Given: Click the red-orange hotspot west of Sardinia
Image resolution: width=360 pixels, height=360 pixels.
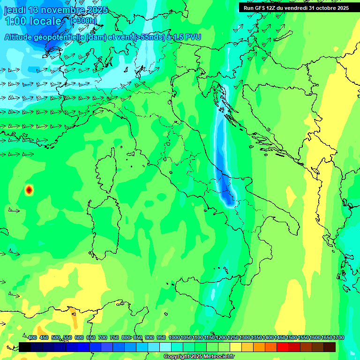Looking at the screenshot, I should tap(29, 189).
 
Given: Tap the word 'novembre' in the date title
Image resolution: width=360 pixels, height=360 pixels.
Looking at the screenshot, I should tap(56, 10).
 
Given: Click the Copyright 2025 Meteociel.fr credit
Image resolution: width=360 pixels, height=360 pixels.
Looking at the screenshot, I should tap(199, 357).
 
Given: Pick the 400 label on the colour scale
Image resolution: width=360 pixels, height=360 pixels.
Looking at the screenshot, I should tap(32, 337).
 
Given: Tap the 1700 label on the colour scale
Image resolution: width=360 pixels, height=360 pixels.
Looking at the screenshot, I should tap(338, 337).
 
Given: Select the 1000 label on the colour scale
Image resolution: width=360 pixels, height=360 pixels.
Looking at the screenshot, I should tap(174, 337).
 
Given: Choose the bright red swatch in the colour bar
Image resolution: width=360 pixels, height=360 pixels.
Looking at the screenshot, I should tap(283, 347).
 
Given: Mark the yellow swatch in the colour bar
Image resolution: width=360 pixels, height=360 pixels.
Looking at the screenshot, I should tap(236, 347).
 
